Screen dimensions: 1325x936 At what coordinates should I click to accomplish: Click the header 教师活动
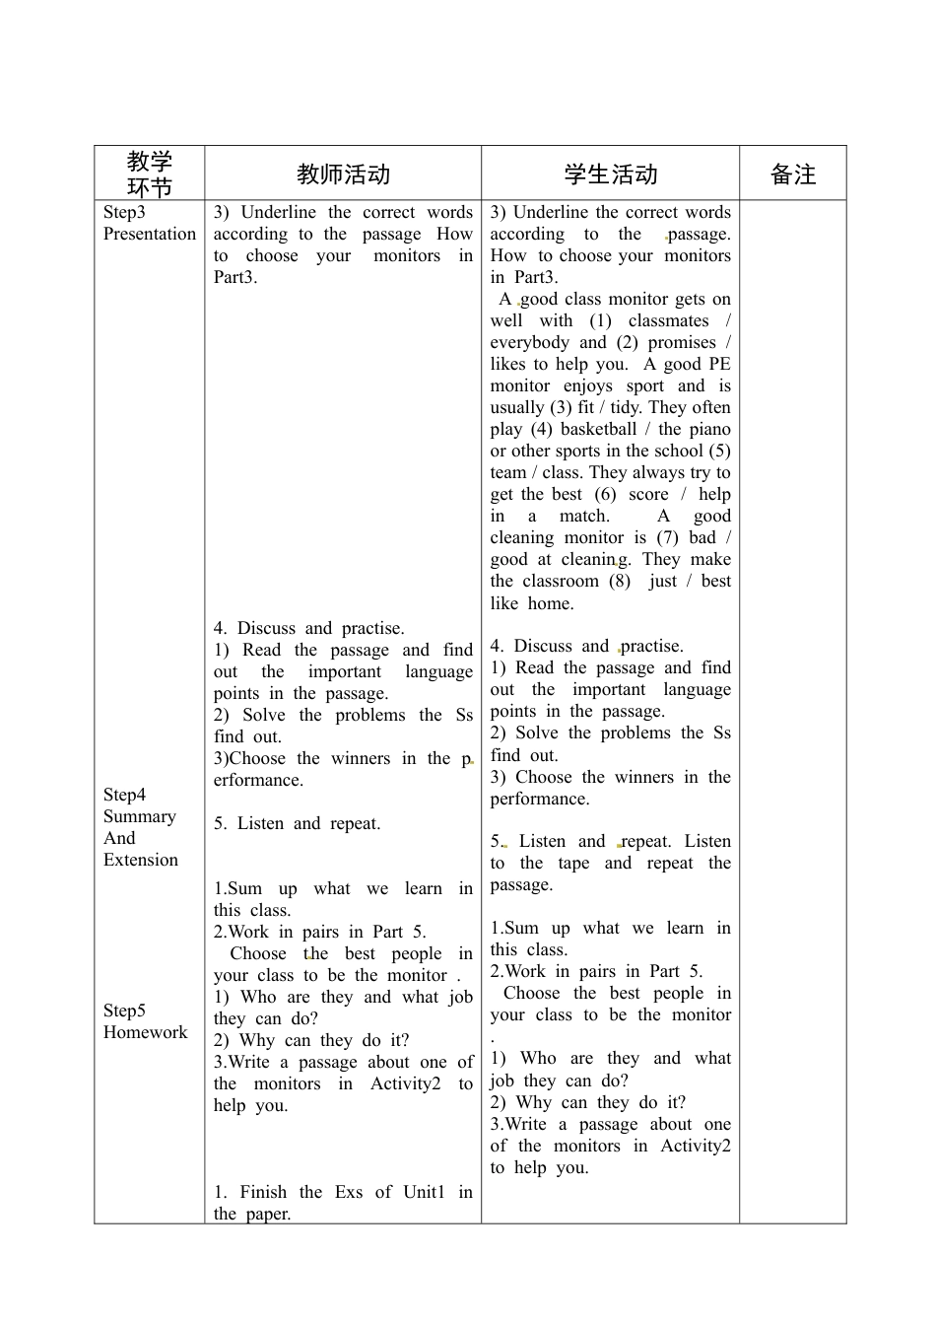tap(343, 174)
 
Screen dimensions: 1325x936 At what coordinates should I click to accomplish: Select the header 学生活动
tap(610, 174)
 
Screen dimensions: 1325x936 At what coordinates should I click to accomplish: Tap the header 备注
tap(792, 174)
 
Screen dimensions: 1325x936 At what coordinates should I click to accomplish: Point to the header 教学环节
tap(150, 174)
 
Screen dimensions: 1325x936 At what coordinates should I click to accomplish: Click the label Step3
tap(124, 212)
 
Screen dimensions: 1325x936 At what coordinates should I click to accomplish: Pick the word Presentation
tap(150, 234)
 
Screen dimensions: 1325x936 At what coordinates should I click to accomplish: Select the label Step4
tap(124, 795)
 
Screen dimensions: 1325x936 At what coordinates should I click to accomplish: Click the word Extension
tap(141, 860)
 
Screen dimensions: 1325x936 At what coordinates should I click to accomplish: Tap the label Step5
tap(124, 1011)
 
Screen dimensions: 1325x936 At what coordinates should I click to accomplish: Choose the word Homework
tap(145, 1032)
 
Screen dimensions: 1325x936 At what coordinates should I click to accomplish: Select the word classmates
tap(668, 320)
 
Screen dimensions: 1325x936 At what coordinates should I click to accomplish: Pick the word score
tap(648, 494)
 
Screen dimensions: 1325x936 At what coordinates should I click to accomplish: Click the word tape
tap(573, 863)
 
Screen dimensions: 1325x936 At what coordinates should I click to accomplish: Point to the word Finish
tap(263, 1192)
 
